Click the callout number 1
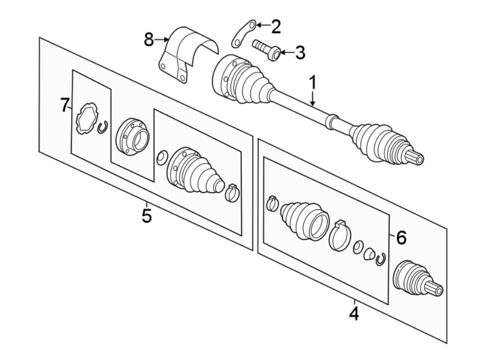click(x=312, y=83)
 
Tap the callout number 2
click(x=276, y=26)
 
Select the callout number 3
click(x=299, y=53)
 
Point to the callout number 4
click(x=354, y=314)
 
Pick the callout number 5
click(x=146, y=215)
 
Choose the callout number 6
click(x=400, y=237)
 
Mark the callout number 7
click(x=65, y=105)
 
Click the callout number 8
click(x=149, y=39)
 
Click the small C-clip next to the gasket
click(x=103, y=127)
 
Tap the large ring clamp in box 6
click(x=340, y=236)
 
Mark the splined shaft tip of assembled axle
click(x=417, y=158)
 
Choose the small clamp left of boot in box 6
click(x=273, y=203)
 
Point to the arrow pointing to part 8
click(x=162, y=39)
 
